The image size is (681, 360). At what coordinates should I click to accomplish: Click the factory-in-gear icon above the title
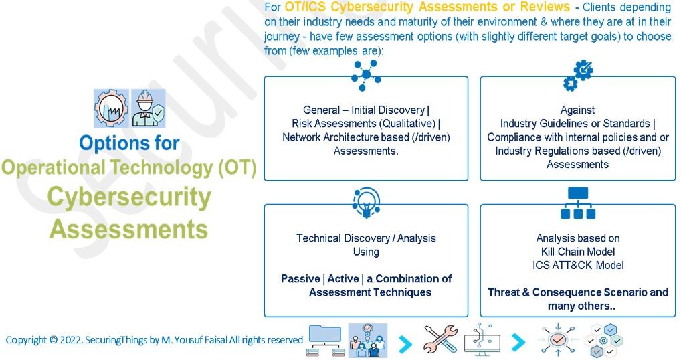[111, 108]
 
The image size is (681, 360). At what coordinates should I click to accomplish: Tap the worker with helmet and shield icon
[148, 108]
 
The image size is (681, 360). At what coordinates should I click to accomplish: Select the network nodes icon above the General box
[366, 76]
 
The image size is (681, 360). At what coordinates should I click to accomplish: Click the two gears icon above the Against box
[578, 76]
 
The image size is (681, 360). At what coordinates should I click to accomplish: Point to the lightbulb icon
[367, 203]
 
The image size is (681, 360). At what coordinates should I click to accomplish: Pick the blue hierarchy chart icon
[578, 203]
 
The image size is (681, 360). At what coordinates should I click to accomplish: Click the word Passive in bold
[300, 279]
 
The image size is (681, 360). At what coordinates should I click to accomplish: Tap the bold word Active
[343, 279]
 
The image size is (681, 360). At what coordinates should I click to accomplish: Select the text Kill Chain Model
[578, 252]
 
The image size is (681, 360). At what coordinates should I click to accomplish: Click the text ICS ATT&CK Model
[578, 266]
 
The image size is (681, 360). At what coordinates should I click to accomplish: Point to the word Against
[577, 110]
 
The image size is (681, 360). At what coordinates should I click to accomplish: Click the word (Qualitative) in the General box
[407, 124]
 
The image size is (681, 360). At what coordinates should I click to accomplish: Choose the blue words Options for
[129, 143]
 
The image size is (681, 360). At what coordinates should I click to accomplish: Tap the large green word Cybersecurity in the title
[129, 198]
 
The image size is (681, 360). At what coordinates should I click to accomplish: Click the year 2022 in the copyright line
[71, 339]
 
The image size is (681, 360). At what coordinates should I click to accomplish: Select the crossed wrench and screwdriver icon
[440, 339]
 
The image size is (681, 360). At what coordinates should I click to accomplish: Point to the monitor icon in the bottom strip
[482, 339]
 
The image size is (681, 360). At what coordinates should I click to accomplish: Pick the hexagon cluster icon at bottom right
[603, 341]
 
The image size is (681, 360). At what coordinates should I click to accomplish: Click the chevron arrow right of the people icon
[405, 344]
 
